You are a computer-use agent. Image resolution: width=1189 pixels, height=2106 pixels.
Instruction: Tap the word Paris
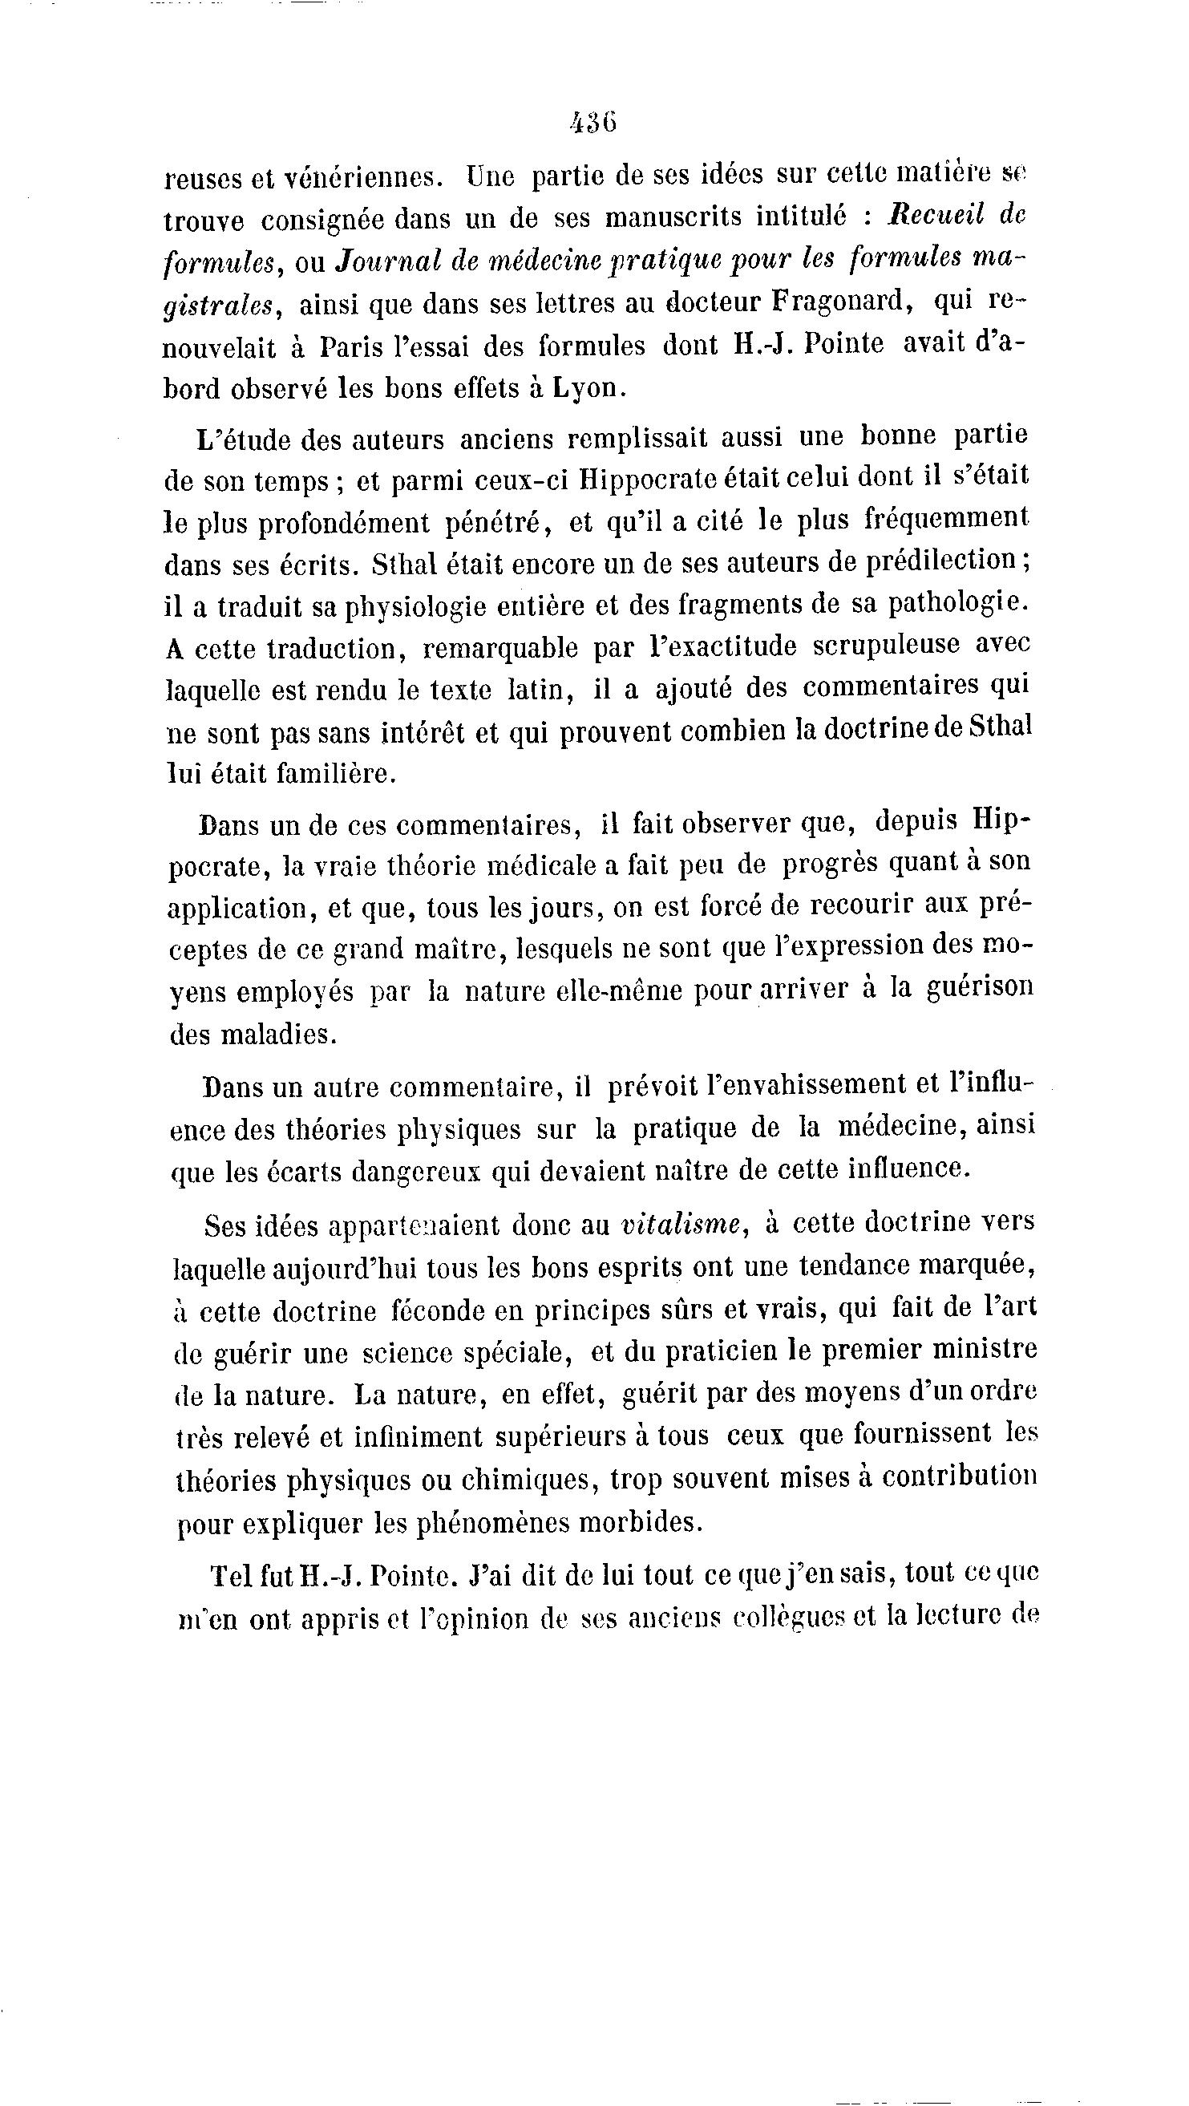(351, 346)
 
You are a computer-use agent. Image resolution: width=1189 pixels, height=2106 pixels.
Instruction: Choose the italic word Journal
(384, 260)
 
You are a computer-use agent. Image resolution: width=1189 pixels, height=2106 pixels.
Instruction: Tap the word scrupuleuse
(887, 645)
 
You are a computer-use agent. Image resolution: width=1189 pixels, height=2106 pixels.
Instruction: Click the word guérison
(980, 987)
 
